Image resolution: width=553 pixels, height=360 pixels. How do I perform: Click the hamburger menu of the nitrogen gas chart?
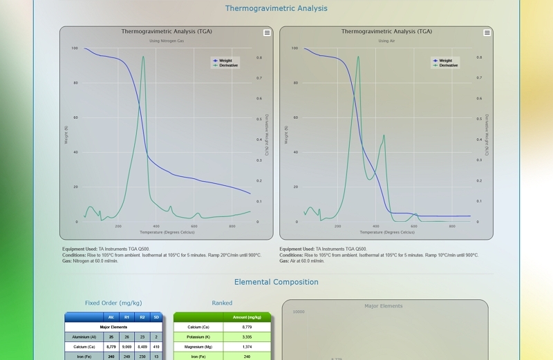point(268,32)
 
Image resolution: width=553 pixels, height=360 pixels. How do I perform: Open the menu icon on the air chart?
point(487,32)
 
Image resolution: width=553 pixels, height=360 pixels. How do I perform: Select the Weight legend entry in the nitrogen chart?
point(225,61)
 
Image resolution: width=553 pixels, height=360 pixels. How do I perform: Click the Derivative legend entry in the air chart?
point(448,66)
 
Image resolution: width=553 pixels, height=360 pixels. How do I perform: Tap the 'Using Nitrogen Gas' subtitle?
point(167,41)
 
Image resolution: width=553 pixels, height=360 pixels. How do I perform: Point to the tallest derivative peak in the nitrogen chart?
point(143,57)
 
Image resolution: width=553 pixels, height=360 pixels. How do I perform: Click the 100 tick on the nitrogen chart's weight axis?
point(75,48)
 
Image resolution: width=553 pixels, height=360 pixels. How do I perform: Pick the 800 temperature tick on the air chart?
point(452,226)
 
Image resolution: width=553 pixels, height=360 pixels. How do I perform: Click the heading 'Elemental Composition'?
point(276,282)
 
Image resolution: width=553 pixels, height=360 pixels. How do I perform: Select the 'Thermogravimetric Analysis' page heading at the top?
point(276,8)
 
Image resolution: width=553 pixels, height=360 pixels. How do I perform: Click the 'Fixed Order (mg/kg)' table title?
point(113,303)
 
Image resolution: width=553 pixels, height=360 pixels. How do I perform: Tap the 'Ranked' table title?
point(222,303)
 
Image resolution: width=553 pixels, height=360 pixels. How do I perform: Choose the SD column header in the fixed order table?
point(156,317)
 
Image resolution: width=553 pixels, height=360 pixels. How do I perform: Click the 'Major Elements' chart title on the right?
point(384,305)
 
